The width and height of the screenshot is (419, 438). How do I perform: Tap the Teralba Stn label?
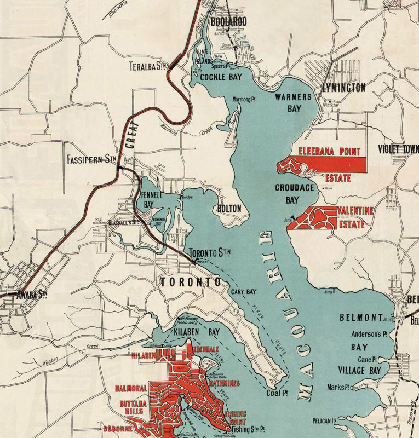[148, 66]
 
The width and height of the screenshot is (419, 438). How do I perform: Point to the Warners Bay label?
[293, 102]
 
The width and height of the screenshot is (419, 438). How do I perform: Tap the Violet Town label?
[398, 149]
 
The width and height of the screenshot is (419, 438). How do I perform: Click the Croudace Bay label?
[294, 193]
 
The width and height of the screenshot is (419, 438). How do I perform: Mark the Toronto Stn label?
[210, 253]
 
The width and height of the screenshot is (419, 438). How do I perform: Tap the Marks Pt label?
[338, 387]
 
